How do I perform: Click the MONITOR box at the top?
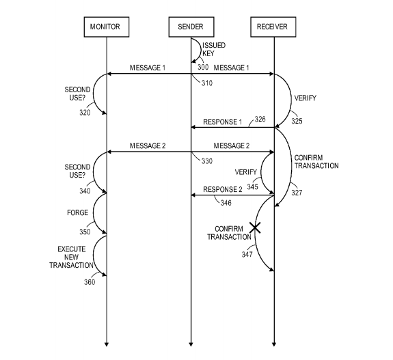tap(107, 27)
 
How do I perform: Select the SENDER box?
tap(191, 27)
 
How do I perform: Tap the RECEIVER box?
tap(274, 27)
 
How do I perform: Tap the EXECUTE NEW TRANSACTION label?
tap(71, 257)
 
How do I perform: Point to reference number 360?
tap(90, 281)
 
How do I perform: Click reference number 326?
tap(261, 120)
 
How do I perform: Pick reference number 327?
tap(296, 193)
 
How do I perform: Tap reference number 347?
tap(247, 254)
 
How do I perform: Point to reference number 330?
tap(207, 161)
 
